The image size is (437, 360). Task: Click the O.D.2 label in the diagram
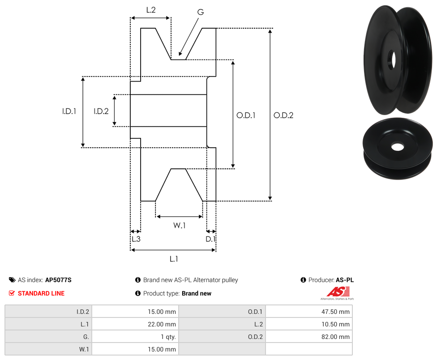tap(283, 116)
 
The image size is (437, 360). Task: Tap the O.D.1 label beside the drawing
tap(246, 116)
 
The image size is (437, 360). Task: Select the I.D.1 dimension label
tap(69, 111)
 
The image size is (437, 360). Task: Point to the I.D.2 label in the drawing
tap(101, 111)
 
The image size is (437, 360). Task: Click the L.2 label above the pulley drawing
tap(151, 10)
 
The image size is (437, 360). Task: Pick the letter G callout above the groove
tap(201, 12)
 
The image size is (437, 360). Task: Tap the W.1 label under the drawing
tap(180, 225)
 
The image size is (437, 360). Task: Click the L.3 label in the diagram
tap(136, 239)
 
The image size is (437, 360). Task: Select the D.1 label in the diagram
tap(210, 239)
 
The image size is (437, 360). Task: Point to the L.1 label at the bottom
tap(174, 259)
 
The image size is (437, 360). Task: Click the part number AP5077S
tap(58, 280)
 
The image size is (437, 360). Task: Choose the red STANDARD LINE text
tap(41, 293)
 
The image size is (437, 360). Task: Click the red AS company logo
tap(338, 292)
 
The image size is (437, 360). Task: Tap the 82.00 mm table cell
tap(309, 337)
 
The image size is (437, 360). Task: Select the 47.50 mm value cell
tap(309, 312)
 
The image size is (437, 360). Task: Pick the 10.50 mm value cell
tap(309, 324)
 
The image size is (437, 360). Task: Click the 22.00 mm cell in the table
tap(135, 324)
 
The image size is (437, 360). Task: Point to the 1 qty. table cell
tap(135, 337)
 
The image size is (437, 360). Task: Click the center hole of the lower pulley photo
tap(398, 146)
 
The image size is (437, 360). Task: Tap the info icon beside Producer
tap(303, 280)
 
